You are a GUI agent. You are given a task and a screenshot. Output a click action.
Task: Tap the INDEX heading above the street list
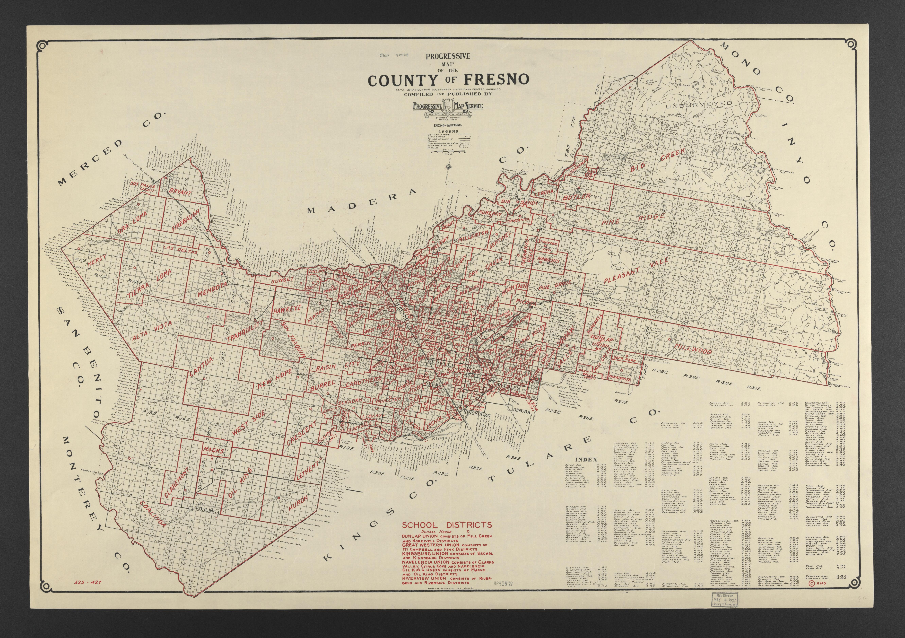587,459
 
